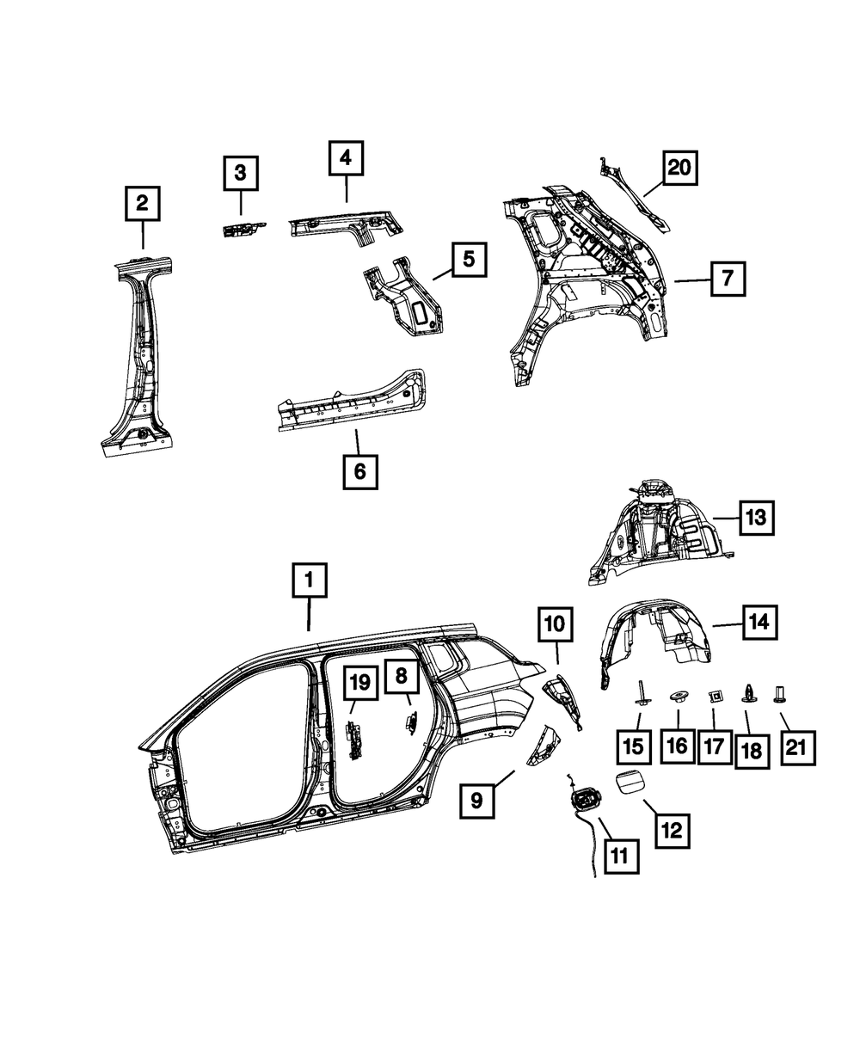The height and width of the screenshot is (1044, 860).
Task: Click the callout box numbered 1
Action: click(309, 582)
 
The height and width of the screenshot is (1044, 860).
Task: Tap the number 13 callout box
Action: click(754, 518)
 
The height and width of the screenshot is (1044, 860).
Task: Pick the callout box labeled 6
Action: click(359, 470)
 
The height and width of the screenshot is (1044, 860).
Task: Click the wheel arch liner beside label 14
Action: click(654, 641)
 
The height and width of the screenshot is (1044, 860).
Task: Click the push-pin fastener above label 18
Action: click(748, 692)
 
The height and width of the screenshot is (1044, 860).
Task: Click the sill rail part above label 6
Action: click(353, 404)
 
